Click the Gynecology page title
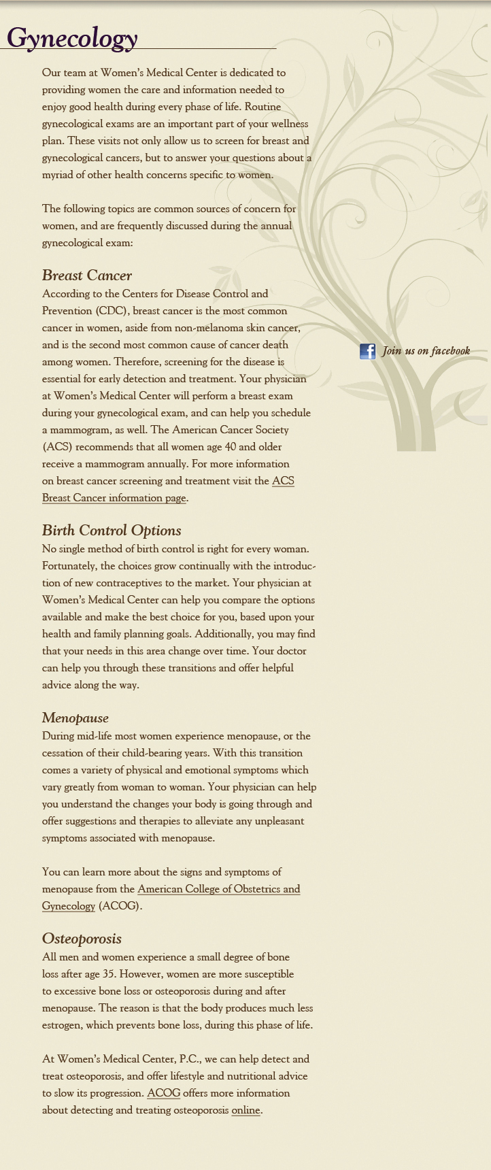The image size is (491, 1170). (72, 38)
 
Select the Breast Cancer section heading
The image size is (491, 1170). (86, 275)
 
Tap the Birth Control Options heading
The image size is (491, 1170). (112, 531)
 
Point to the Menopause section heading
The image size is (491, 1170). (75, 718)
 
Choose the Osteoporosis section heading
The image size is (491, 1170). (82, 939)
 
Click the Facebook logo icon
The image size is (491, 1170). (367, 351)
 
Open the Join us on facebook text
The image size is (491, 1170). (426, 351)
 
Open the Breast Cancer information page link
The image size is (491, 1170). (114, 498)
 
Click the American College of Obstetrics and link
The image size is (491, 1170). (218, 889)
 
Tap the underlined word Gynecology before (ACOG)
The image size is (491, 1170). (69, 906)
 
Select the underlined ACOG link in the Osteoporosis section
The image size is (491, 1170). (163, 1093)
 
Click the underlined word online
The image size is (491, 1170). (245, 1110)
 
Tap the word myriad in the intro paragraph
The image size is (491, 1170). (57, 175)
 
